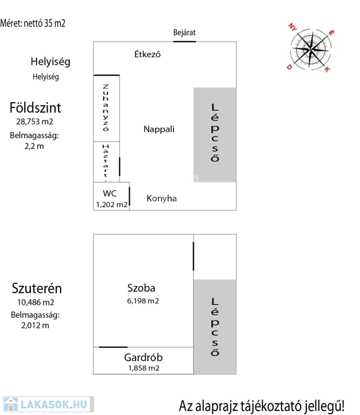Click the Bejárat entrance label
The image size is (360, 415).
click(x=184, y=32)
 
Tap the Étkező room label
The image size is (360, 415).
click(x=148, y=54)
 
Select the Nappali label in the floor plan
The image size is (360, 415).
click(x=159, y=129)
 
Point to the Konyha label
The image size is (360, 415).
click(x=162, y=198)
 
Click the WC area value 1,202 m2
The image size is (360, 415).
click(x=111, y=205)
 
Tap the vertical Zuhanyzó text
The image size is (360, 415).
click(x=106, y=108)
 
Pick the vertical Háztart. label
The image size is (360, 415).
click(x=106, y=160)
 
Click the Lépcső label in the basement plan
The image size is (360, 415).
click(x=215, y=327)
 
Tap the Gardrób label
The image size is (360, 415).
click(x=143, y=357)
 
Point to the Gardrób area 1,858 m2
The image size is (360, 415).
click(x=143, y=369)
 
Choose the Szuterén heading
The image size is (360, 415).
click(x=38, y=287)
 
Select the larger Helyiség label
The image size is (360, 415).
click(x=50, y=62)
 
